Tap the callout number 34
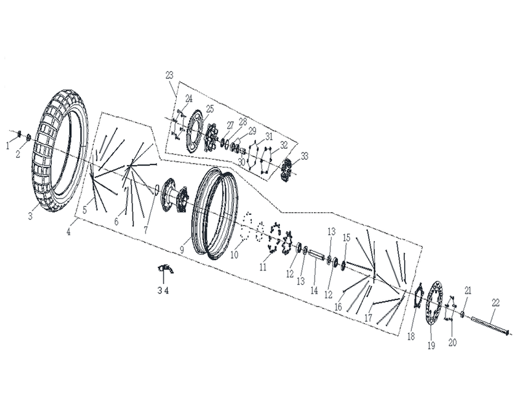(163, 290)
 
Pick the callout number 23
(170, 75)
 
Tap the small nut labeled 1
(19, 134)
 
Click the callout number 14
(314, 290)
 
